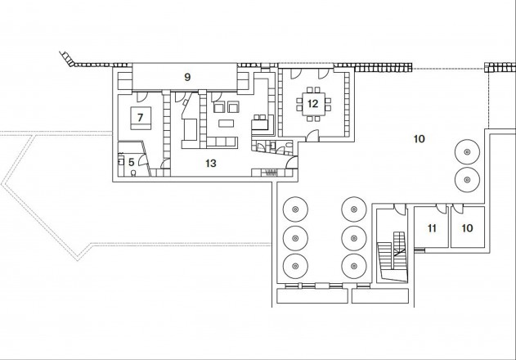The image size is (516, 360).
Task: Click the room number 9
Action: click(187, 77)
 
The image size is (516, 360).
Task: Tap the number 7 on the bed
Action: click(140, 118)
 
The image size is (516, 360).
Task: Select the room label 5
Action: click(130, 162)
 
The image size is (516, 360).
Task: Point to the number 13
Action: click(210, 164)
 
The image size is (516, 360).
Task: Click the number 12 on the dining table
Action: click(312, 103)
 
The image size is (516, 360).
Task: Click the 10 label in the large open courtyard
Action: click(418, 140)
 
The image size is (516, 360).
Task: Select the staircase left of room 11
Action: click(393, 254)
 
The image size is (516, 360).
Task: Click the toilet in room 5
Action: click(133, 173)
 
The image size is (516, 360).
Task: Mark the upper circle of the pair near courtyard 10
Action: click(467, 152)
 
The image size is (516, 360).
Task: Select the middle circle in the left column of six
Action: click(292, 238)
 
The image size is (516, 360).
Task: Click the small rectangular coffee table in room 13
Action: click(224, 124)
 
